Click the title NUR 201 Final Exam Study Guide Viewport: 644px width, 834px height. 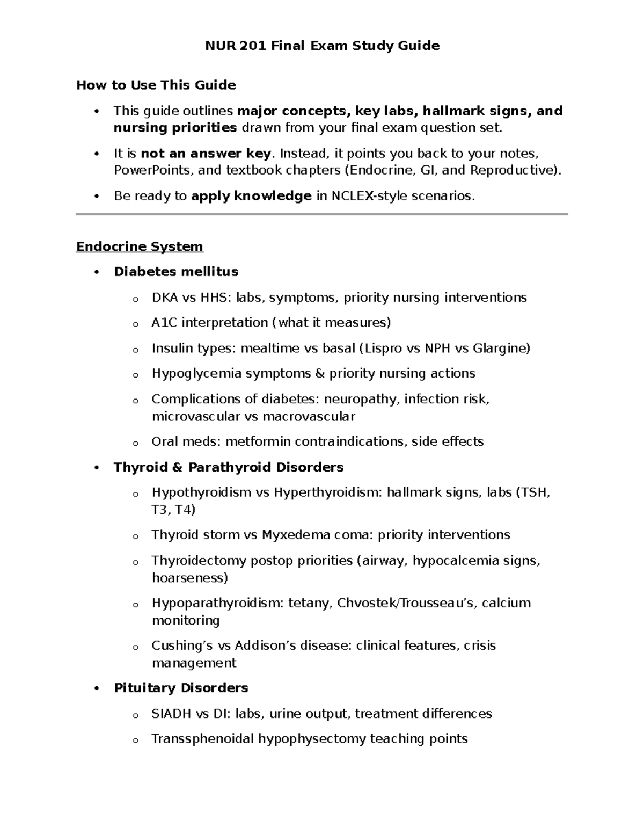[322, 46]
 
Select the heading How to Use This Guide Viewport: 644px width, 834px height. [156, 85]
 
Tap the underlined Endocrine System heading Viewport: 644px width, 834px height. [140, 246]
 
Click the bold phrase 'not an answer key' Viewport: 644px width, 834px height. [206, 154]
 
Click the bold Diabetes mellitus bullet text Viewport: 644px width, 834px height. [176, 272]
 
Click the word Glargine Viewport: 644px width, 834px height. [501, 349]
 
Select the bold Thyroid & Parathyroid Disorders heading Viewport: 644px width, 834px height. [229, 467]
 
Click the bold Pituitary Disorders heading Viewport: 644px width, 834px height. [181, 688]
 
